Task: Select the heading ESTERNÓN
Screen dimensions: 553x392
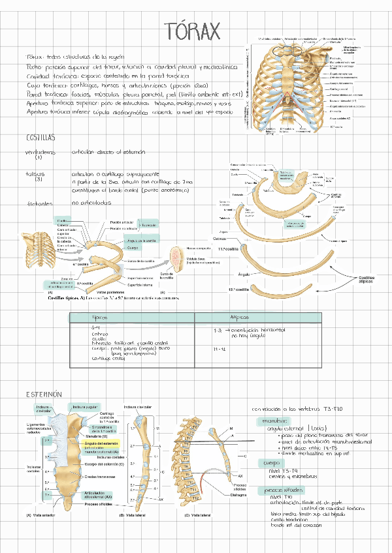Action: coord(44,395)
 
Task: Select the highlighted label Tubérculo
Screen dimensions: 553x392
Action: coord(150,224)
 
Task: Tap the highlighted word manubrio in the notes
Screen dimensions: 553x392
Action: coord(274,421)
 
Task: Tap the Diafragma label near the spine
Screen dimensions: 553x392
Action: coord(239,494)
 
